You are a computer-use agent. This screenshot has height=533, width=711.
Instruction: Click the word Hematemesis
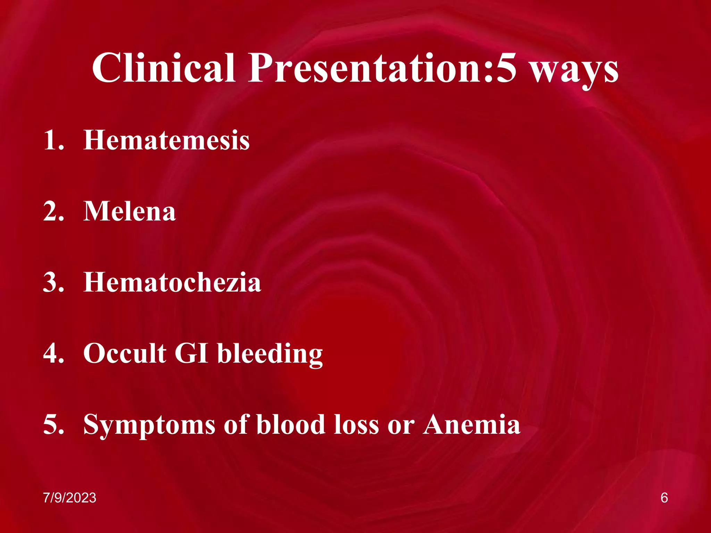coord(166,140)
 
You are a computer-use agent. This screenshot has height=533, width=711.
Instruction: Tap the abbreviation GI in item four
coord(191,353)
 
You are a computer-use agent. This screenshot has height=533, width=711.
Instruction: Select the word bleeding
coord(270,354)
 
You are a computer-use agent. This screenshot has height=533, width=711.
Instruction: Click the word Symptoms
coord(149,425)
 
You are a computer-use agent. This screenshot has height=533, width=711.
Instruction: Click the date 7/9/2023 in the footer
coord(70,498)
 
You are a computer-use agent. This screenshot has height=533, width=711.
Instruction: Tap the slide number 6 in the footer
coord(664,498)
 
